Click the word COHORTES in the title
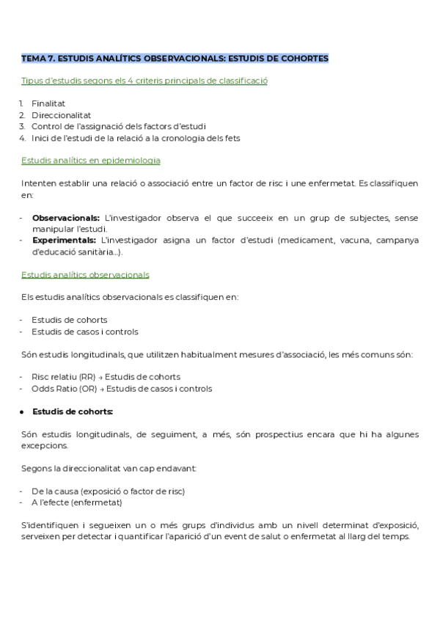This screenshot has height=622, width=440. point(304,58)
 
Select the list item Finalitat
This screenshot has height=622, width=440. point(48,103)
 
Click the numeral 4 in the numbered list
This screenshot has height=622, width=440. point(23,137)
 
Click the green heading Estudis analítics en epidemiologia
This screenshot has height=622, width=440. point(91,160)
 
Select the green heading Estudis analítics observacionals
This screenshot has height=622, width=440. point(85,274)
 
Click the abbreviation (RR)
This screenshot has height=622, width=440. point(87,377)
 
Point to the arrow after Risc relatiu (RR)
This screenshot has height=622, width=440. point(101,377)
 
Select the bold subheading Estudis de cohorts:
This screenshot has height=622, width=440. point(73,411)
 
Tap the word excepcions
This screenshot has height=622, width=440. point(45,445)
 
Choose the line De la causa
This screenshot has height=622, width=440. point(108,491)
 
